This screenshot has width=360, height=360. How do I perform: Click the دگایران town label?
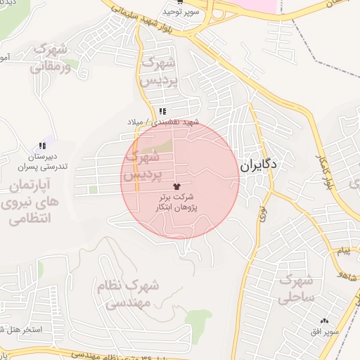(x=259, y=165)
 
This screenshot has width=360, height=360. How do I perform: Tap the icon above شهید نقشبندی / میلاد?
(x=162, y=111)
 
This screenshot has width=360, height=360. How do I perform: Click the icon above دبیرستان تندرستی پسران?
(x=43, y=146)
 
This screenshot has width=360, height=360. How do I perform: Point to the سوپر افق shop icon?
(x=324, y=321)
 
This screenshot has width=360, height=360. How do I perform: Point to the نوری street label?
(x=262, y=214)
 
